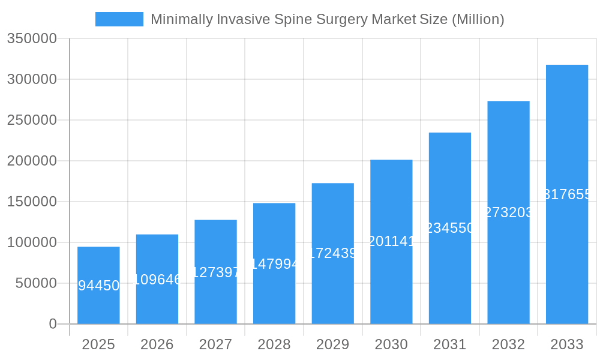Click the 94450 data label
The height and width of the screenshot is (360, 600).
(99, 286)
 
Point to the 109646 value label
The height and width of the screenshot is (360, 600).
(157, 280)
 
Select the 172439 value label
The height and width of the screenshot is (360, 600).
(333, 253)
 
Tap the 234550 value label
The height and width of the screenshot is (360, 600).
(450, 228)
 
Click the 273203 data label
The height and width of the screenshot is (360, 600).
(508, 212)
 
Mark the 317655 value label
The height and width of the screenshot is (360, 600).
(567, 194)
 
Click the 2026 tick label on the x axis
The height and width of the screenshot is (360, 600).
(157, 344)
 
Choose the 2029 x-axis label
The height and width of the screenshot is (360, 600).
(333, 344)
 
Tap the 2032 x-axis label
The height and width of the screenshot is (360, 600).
(508, 344)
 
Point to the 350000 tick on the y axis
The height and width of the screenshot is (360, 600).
(32, 39)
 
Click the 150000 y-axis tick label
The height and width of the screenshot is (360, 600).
(32, 202)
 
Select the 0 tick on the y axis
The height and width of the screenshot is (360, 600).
(53, 324)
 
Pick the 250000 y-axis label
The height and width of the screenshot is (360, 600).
(32, 120)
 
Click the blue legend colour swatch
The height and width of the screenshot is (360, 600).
(119, 19)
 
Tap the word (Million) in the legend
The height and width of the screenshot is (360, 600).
(478, 19)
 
